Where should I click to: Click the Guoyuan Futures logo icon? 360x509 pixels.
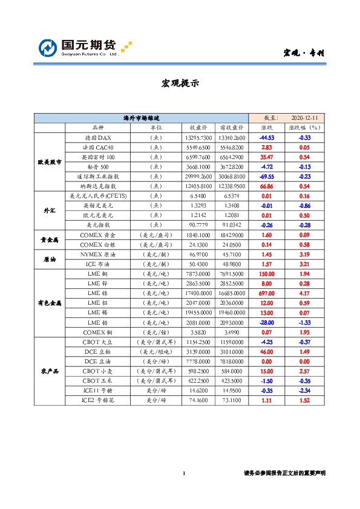47,48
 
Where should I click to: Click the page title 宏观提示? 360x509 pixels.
180,83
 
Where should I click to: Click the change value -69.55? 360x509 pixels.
266,175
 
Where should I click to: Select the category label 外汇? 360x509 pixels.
50,210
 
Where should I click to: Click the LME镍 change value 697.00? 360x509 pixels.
266,292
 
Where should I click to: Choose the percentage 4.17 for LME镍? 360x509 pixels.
304,292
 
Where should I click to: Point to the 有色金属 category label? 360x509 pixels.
50,302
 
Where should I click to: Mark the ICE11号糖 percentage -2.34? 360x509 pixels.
304,391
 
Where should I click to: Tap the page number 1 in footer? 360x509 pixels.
183,473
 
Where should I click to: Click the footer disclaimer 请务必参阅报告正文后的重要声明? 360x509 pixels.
284,473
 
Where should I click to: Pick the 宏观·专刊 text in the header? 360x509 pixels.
304,53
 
